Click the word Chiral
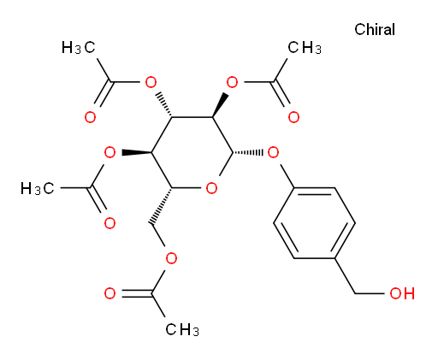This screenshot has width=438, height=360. coord(375,29)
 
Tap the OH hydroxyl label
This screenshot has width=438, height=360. coord(402,293)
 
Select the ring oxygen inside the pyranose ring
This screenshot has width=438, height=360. coord(211,188)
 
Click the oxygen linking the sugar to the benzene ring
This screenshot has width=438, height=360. coord(273,153)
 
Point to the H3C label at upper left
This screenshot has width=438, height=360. coord(78,47)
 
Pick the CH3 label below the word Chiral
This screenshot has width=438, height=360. coord(305,47)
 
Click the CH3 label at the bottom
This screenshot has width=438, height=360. coord(182,330)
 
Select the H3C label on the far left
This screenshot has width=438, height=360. coord(37,188)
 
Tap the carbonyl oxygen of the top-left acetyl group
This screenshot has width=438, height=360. coord(90,117)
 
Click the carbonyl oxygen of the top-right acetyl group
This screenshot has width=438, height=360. coord(293,117)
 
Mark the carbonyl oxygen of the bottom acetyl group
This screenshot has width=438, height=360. coord(110,293)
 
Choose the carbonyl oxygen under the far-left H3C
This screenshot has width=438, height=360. coord(109,223)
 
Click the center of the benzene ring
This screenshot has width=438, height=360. coord(314,223)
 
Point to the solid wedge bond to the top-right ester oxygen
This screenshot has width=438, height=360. coord(220,105)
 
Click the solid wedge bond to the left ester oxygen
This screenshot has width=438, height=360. coord(137,153)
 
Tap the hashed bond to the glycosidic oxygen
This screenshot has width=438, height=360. coord(247,153)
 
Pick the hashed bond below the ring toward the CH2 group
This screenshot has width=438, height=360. coord(162,206)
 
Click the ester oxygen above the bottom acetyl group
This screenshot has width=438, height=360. coord(171,258)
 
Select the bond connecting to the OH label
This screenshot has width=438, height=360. coord(370,293)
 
